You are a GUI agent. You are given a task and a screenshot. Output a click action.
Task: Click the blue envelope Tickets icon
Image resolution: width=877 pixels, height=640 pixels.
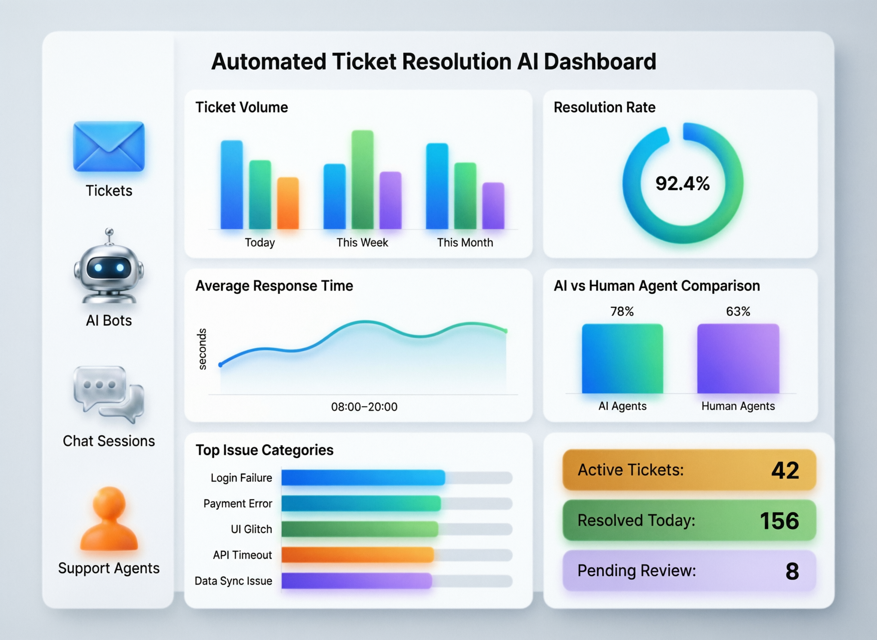click(109, 146)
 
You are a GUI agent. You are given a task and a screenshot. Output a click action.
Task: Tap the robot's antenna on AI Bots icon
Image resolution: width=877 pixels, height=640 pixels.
click(110, 233)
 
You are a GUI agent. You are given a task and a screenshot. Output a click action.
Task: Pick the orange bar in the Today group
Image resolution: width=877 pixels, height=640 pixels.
click(288, 203)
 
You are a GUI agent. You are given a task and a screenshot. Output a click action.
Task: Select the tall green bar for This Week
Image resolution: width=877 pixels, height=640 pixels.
click(363, 180)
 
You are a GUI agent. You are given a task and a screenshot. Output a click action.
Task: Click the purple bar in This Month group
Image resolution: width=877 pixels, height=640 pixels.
click(493, 206)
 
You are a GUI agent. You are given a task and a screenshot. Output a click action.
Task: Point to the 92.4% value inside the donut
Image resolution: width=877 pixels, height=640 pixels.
click(683, 184)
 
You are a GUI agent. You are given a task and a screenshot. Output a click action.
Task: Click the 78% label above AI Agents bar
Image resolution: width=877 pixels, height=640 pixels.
click(622, 311)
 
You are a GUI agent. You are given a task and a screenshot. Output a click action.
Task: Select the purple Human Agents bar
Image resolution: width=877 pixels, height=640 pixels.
click(738, 359)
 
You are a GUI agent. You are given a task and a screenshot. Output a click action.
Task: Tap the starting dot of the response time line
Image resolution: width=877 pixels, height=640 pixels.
click(220, 364)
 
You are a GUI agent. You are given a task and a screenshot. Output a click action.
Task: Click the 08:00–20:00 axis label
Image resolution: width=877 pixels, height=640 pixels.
click(364, 407)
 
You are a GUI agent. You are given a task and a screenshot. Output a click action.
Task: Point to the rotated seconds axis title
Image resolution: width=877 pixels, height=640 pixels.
click(202, 349)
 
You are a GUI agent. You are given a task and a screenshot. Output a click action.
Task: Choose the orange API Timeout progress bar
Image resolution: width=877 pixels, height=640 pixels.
click(357, 555)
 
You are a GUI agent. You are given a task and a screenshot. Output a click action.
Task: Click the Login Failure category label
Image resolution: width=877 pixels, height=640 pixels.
click(241, 478)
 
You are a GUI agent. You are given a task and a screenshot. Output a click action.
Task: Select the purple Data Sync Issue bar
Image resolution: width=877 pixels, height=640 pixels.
click(356, 581)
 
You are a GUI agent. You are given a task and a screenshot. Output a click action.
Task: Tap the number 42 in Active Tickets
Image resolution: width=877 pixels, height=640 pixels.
click(785, 470)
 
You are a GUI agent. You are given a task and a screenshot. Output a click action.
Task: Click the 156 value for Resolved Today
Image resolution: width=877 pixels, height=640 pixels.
click(779, 521)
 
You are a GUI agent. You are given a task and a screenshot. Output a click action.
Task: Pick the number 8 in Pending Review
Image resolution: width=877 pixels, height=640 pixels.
click(792, 571)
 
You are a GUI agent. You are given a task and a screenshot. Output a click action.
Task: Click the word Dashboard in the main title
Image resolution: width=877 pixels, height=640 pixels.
click(600, 61)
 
